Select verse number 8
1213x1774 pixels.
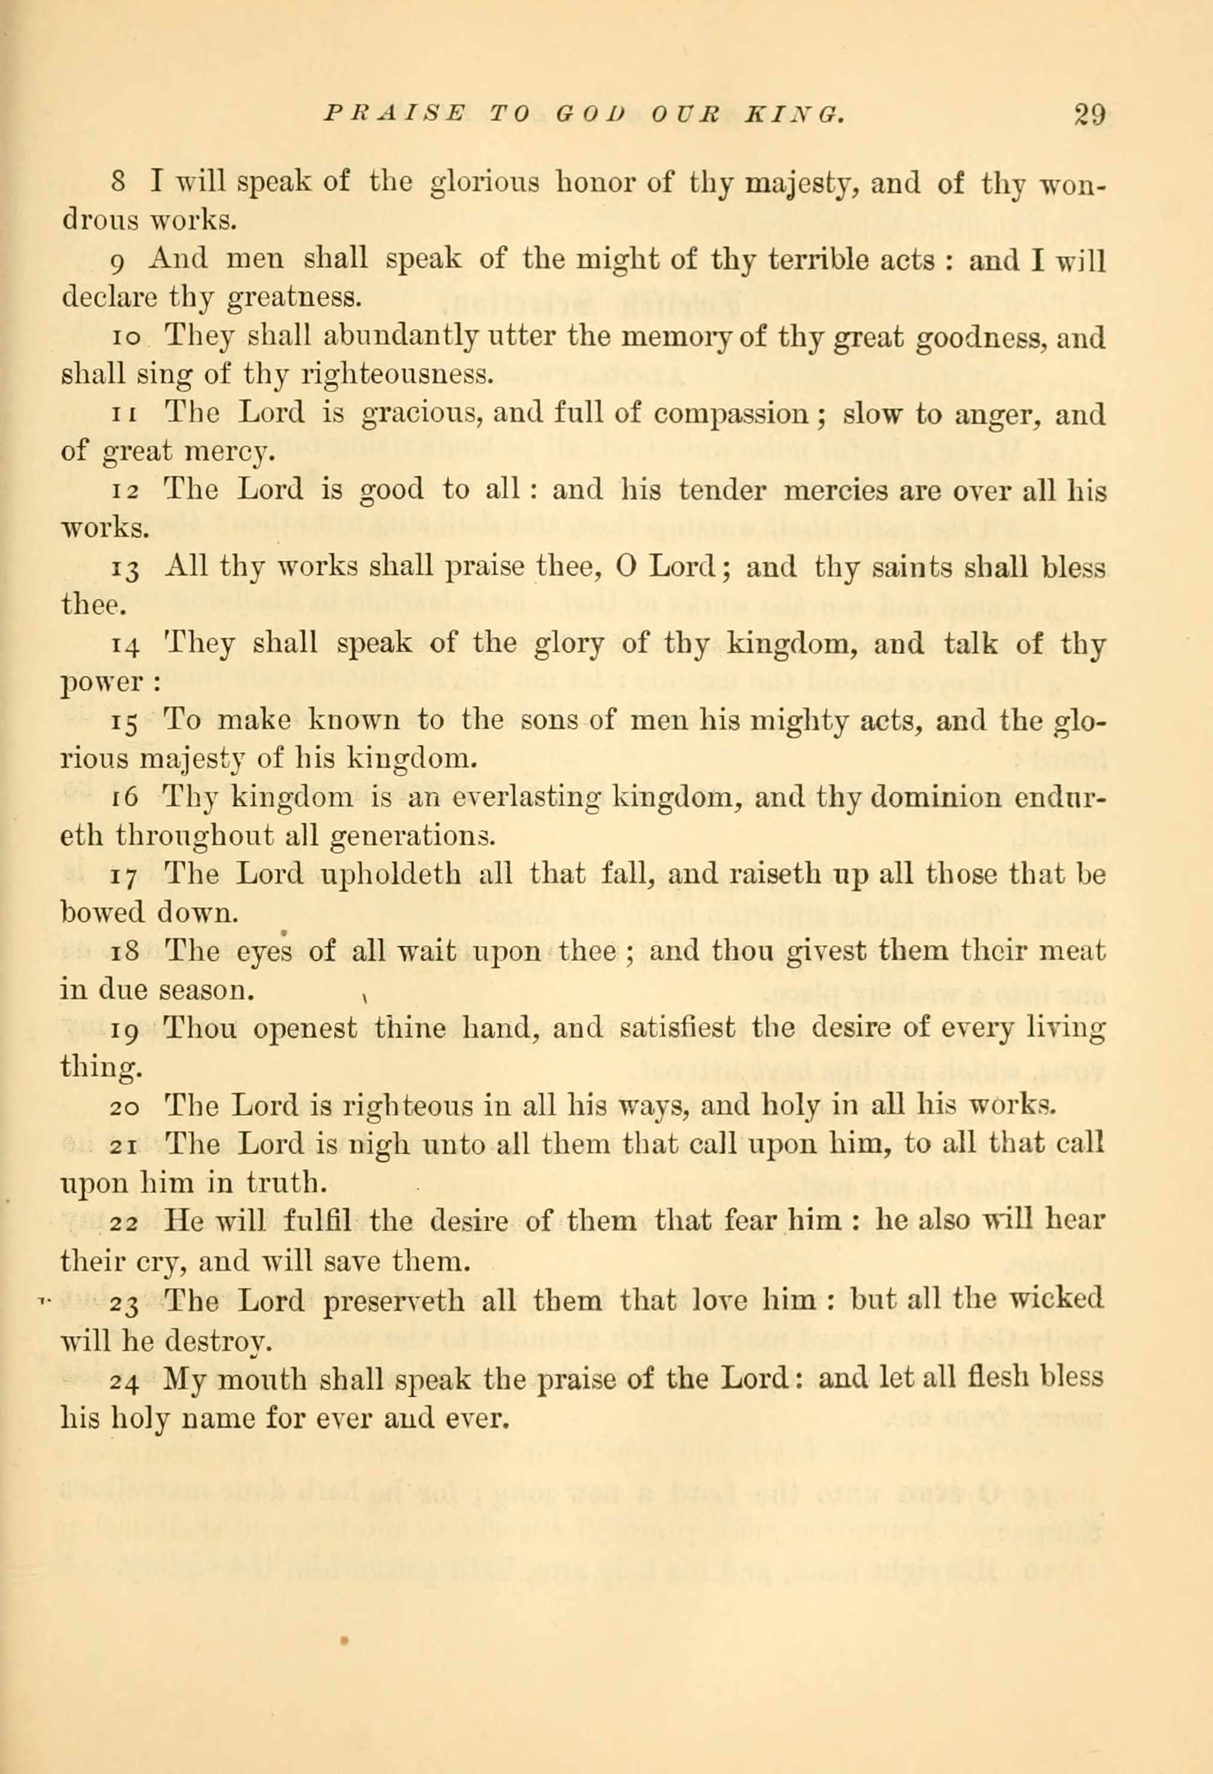118,184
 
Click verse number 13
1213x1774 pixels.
125,569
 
